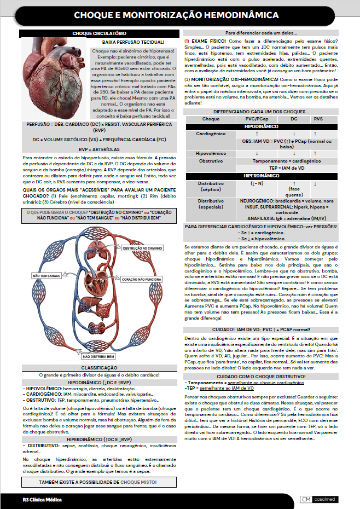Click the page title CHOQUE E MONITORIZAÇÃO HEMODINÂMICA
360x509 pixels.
pos(180,15)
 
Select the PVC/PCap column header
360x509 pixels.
pos(257,118)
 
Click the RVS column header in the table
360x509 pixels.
pos(318,118)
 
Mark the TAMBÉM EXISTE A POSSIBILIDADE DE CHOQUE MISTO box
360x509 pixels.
pos(99,482)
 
